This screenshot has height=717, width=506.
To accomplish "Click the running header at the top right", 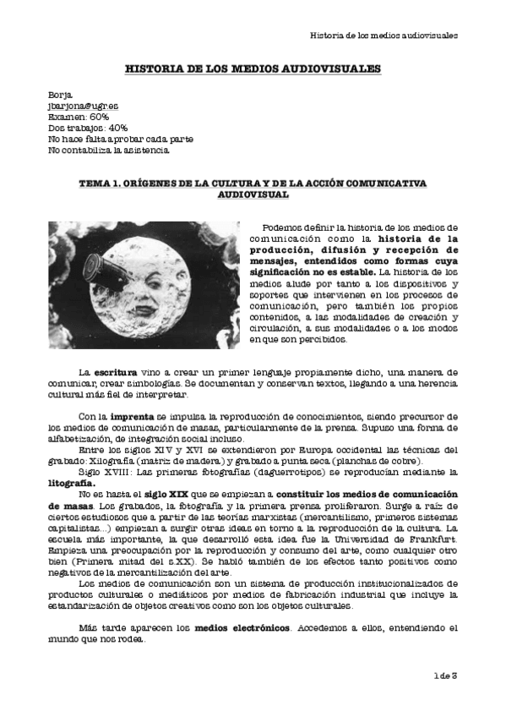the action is pyautogui.click(x=384, y=36).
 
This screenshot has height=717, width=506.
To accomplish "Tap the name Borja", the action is pyautogui.click(x=62, y=96).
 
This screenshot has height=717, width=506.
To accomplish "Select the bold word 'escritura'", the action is pyautogui.click(x=114, y=372).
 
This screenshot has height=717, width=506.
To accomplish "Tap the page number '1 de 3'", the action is pyautogui.click(x=444, y=674).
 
